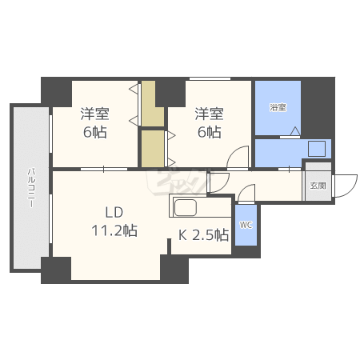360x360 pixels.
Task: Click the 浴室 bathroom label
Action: [278, 108]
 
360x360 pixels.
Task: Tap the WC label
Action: [246, 225]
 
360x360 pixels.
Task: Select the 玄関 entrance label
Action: [318, 186]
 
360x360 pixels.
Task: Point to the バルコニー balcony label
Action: [31, 187]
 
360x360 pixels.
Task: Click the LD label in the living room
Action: [114, 213]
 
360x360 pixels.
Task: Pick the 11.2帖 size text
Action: [114, 230]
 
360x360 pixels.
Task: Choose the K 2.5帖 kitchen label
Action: [203, 235]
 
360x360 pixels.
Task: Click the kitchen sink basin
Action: [186, 207]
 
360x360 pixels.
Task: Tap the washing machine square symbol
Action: [317, 149]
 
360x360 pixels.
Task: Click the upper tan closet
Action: [153, 104]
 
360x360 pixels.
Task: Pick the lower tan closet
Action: [153, 149]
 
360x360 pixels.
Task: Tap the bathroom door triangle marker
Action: [295, 131]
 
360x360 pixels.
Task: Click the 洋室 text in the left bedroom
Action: [95, 114]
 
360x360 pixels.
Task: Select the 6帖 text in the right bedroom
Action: [209, 132]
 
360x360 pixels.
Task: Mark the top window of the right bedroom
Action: [210, 78]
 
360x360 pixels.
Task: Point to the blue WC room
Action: [246, 225]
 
